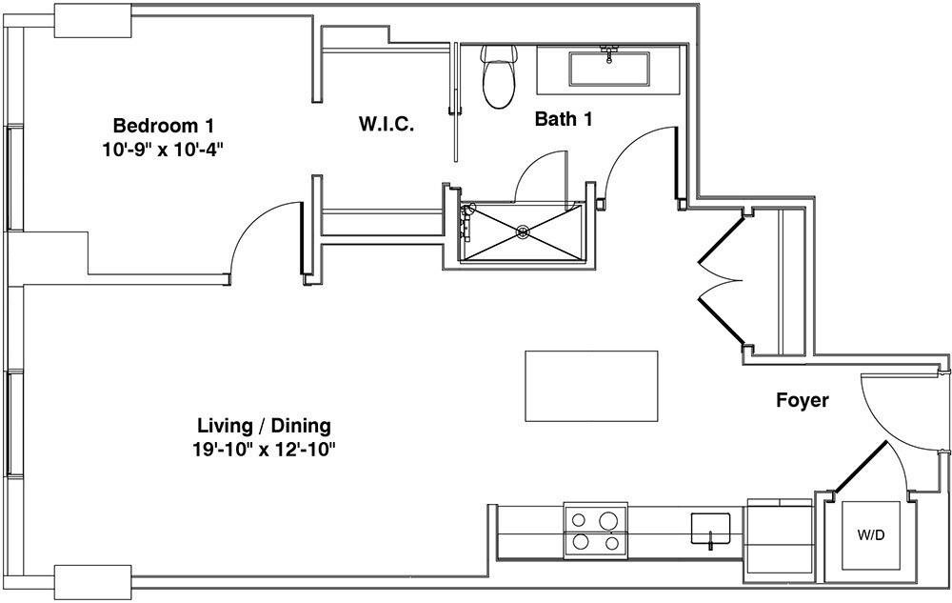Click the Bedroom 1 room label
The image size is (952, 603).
click(x=164, y=127)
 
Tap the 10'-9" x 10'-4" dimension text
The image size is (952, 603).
click(x=164, y=150)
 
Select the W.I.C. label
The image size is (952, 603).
click(x=387, y=125)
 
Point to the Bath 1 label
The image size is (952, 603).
click(x=564, y=119)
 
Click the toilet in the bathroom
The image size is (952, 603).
click(x=499, y=76)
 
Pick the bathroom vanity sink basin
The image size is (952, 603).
click(x=609, y=69)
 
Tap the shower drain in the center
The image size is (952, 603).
click(x=522, y=231)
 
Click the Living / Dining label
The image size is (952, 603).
click(x=264, y=426)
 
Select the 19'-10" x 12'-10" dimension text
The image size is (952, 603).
click(x=264, y=450)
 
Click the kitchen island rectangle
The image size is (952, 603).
click(x=591, y=386)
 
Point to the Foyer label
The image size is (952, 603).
click(x=803, y=401)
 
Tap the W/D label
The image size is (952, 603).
click(x=871, y=535)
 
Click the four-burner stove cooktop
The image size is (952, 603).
click(x=596, y=531)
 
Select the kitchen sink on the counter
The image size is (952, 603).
click(x=710, y=529)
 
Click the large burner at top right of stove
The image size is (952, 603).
click(x=607, y=520)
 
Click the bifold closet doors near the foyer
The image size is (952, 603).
click(x=721, y=281)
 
